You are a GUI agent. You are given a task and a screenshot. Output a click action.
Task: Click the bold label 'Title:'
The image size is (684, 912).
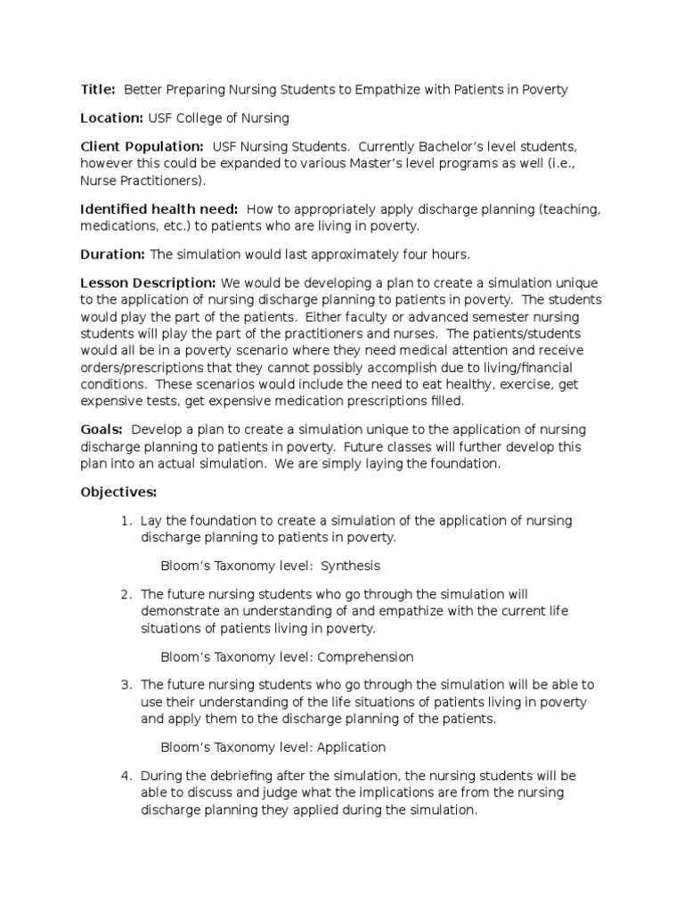click(x=98, y=89)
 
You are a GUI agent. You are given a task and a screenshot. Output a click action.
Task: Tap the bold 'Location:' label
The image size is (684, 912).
click(x=111, y=118)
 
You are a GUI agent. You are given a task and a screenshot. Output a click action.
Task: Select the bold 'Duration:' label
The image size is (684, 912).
click(x=112, y=255)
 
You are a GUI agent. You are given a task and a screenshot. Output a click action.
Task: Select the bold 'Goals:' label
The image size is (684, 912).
click(x=102, y=429)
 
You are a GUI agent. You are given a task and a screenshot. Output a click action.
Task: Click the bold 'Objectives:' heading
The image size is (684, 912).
click(x=118, y=492)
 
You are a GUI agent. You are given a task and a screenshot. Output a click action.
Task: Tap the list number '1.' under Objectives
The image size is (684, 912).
click(x=127, y=520)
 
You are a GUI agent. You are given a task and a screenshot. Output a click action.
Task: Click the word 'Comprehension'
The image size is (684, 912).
click(x=367, y=656)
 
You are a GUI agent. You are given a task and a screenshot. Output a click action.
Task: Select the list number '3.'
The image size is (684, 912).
click(x=127, y=685)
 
